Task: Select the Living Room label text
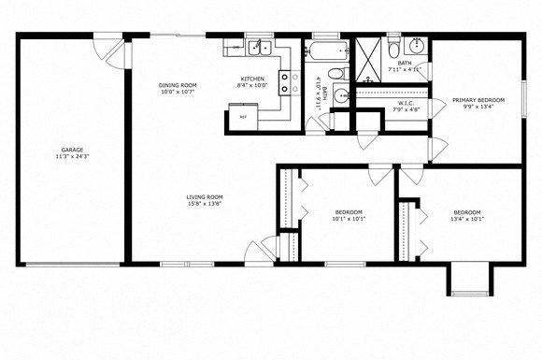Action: click(203, 196)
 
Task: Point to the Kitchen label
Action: click(252, 79)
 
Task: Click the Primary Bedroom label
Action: click(478, 100)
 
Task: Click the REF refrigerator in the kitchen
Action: click(243, 117)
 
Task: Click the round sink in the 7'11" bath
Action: click(416, 47)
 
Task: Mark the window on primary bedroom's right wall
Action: click(522, 97)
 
